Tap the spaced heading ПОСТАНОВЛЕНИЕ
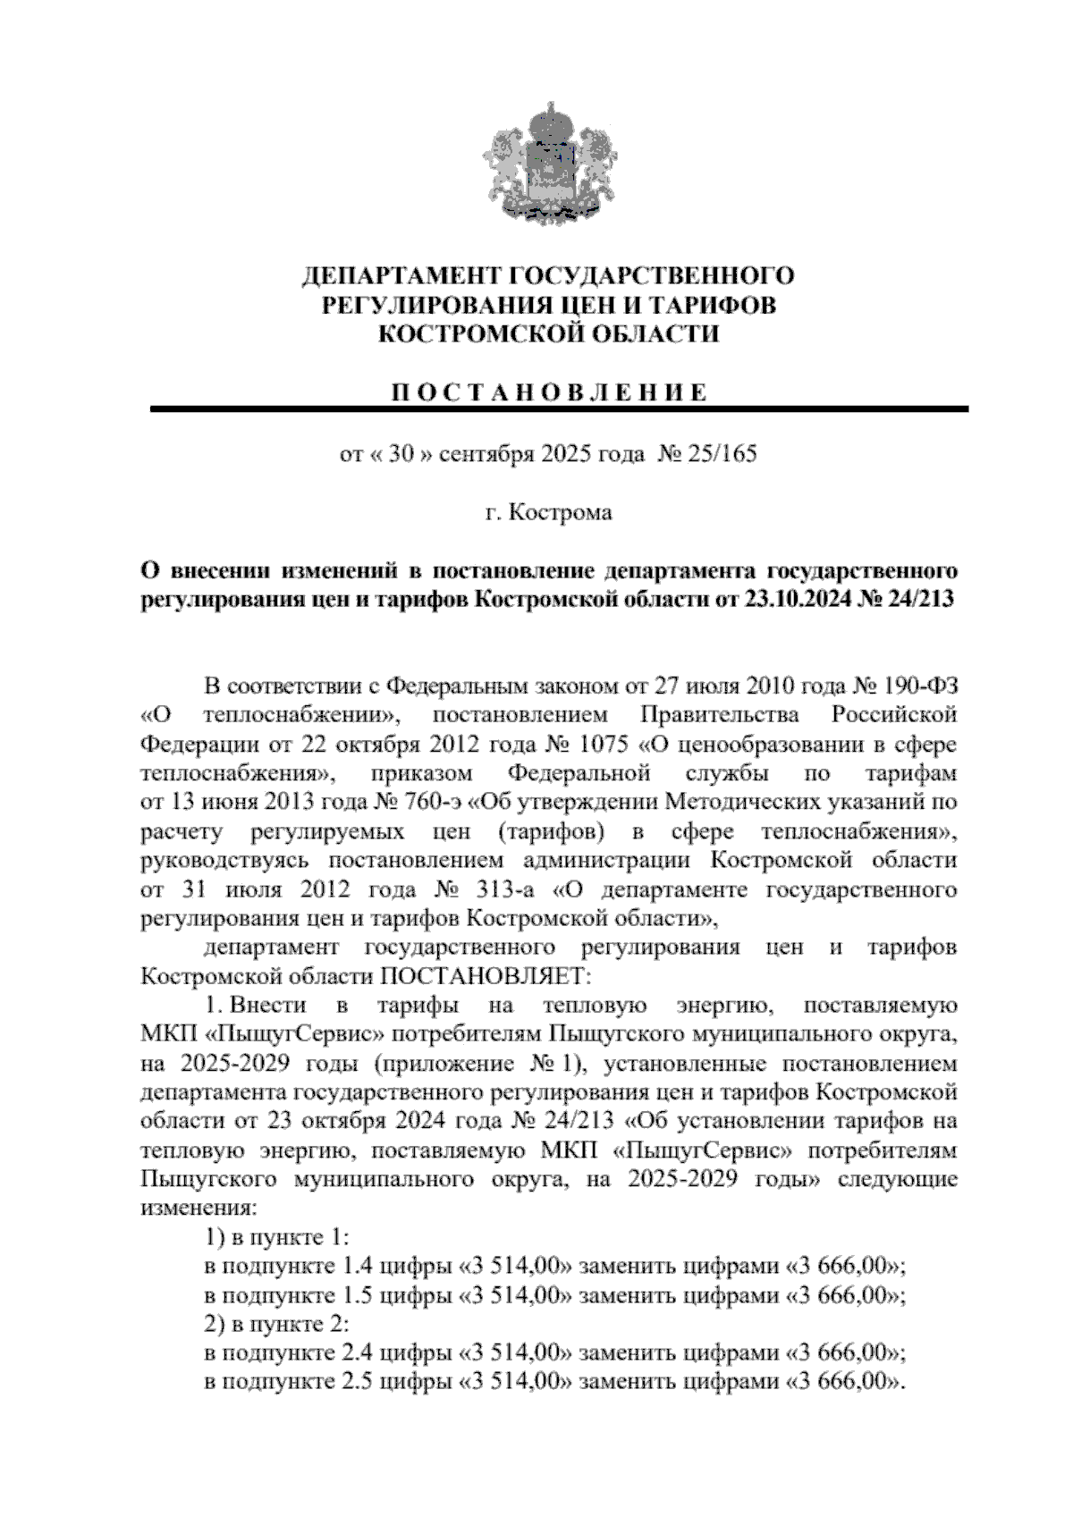[x=547, y=393]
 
